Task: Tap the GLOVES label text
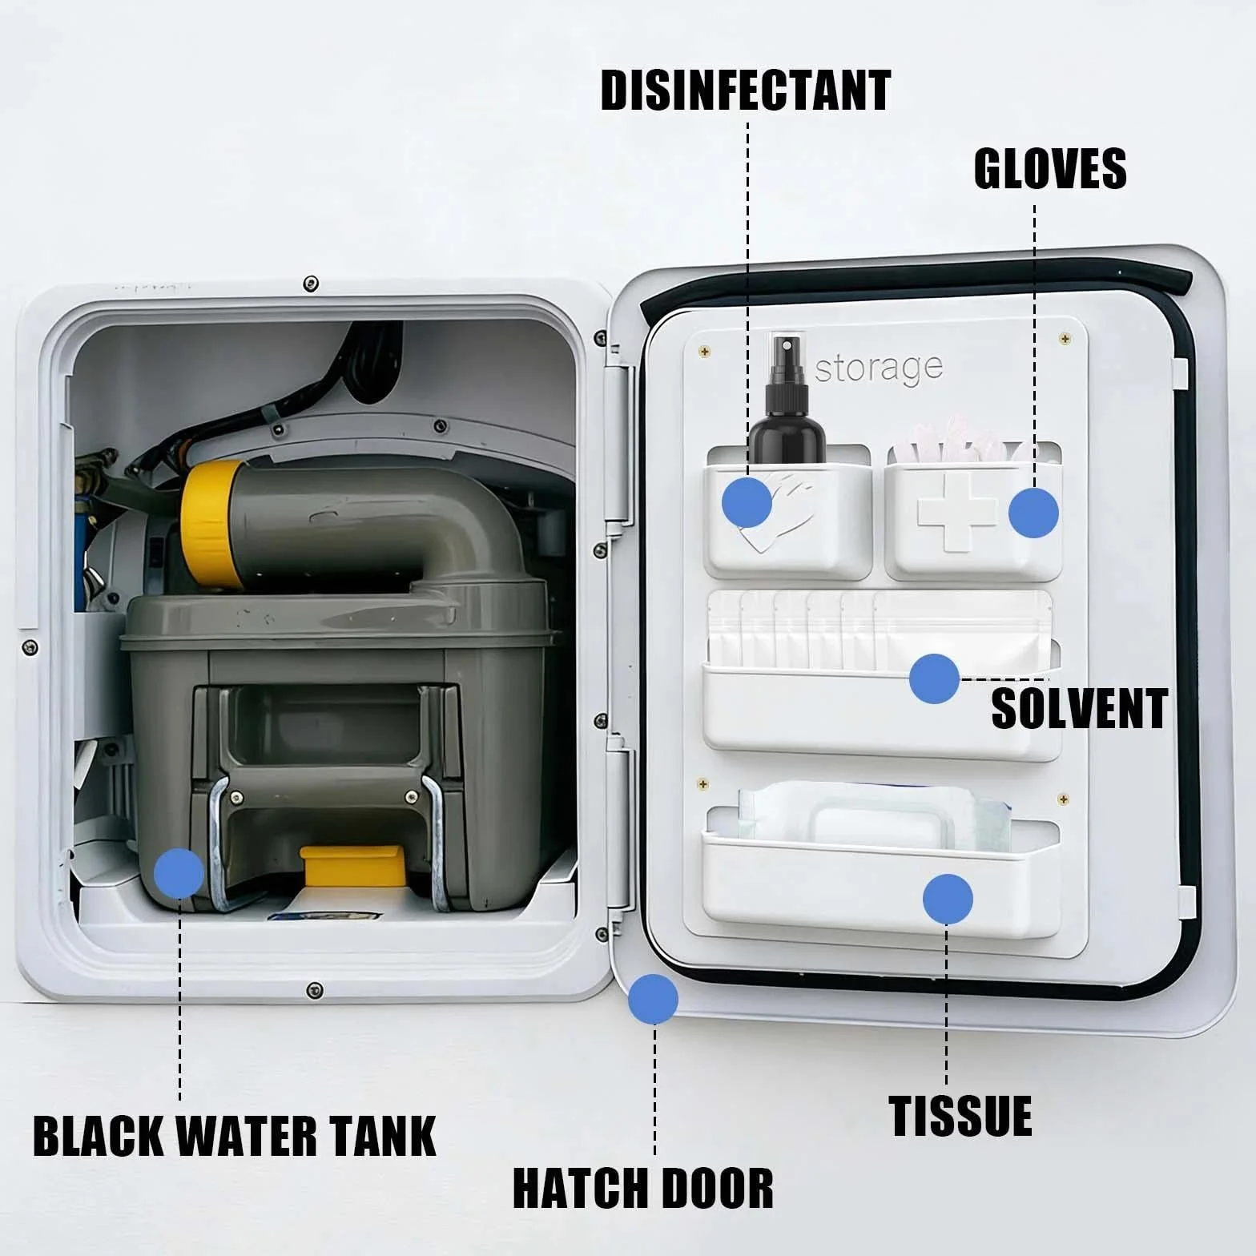point(1050,168)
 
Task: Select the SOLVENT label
point(1080,708)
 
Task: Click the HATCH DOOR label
point(643,1188)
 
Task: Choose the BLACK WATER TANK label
point(235,1136)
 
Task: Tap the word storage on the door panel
point(879,368)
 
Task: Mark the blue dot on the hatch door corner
point(653,999)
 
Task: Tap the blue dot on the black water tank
point(179,873)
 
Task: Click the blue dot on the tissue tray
point(948,899)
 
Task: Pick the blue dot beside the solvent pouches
point(934,678)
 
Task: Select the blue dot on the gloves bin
point(1033,512)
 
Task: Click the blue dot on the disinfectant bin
point(747,502)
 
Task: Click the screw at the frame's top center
point(311,284)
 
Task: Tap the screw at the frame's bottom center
point(314,991)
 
